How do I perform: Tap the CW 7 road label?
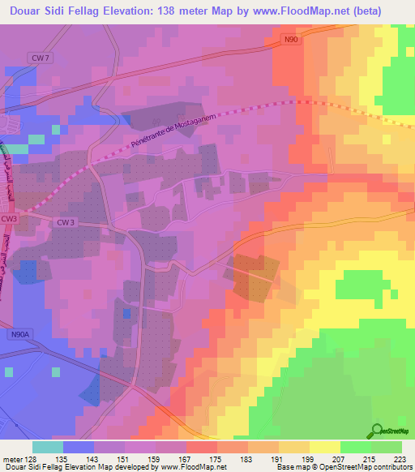[39, 58]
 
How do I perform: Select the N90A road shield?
[19, 333]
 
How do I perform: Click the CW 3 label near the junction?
[65, 221]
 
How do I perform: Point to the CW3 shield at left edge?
[9, 219]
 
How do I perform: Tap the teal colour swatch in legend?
[47, 447]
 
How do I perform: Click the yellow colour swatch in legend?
[324, 447]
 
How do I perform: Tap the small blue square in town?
[126, 313]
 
